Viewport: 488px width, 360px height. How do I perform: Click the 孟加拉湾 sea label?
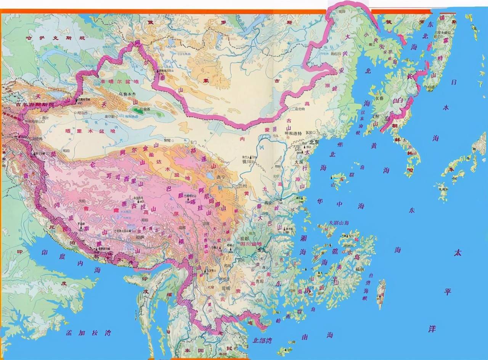pyautogui.click(x=88, y=333)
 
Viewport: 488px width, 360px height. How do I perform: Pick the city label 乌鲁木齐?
pyautogui.click(x=128, y=94)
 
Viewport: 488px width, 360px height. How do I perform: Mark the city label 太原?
pyautogui.click(x=298, y=162)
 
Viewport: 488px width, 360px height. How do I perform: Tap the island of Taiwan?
pyautogui.click(x=380, y=294)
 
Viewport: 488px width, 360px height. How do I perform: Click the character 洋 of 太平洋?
pyautogui.click(x=432, y=329)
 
